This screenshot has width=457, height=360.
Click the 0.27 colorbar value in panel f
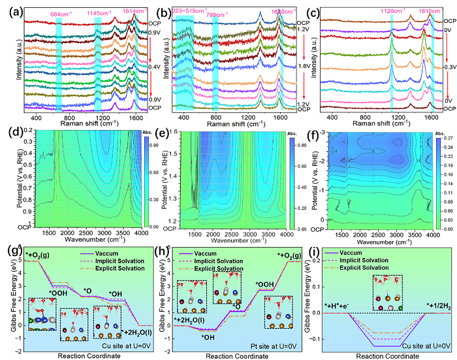tap(441, 139)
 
